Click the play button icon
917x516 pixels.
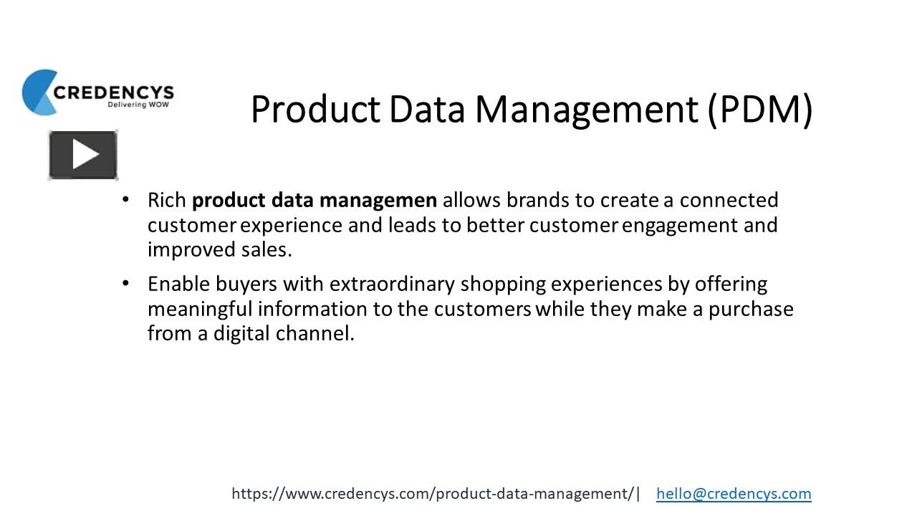83,155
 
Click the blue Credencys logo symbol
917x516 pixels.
38,92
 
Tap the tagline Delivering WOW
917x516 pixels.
137,105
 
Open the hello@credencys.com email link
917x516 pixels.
734,493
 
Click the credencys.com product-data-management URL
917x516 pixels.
433,493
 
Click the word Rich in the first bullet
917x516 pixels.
166,200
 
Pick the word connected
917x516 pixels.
729,200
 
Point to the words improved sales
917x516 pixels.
219,249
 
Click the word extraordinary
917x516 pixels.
392,284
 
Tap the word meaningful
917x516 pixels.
200,309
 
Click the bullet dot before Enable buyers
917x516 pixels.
126,283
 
